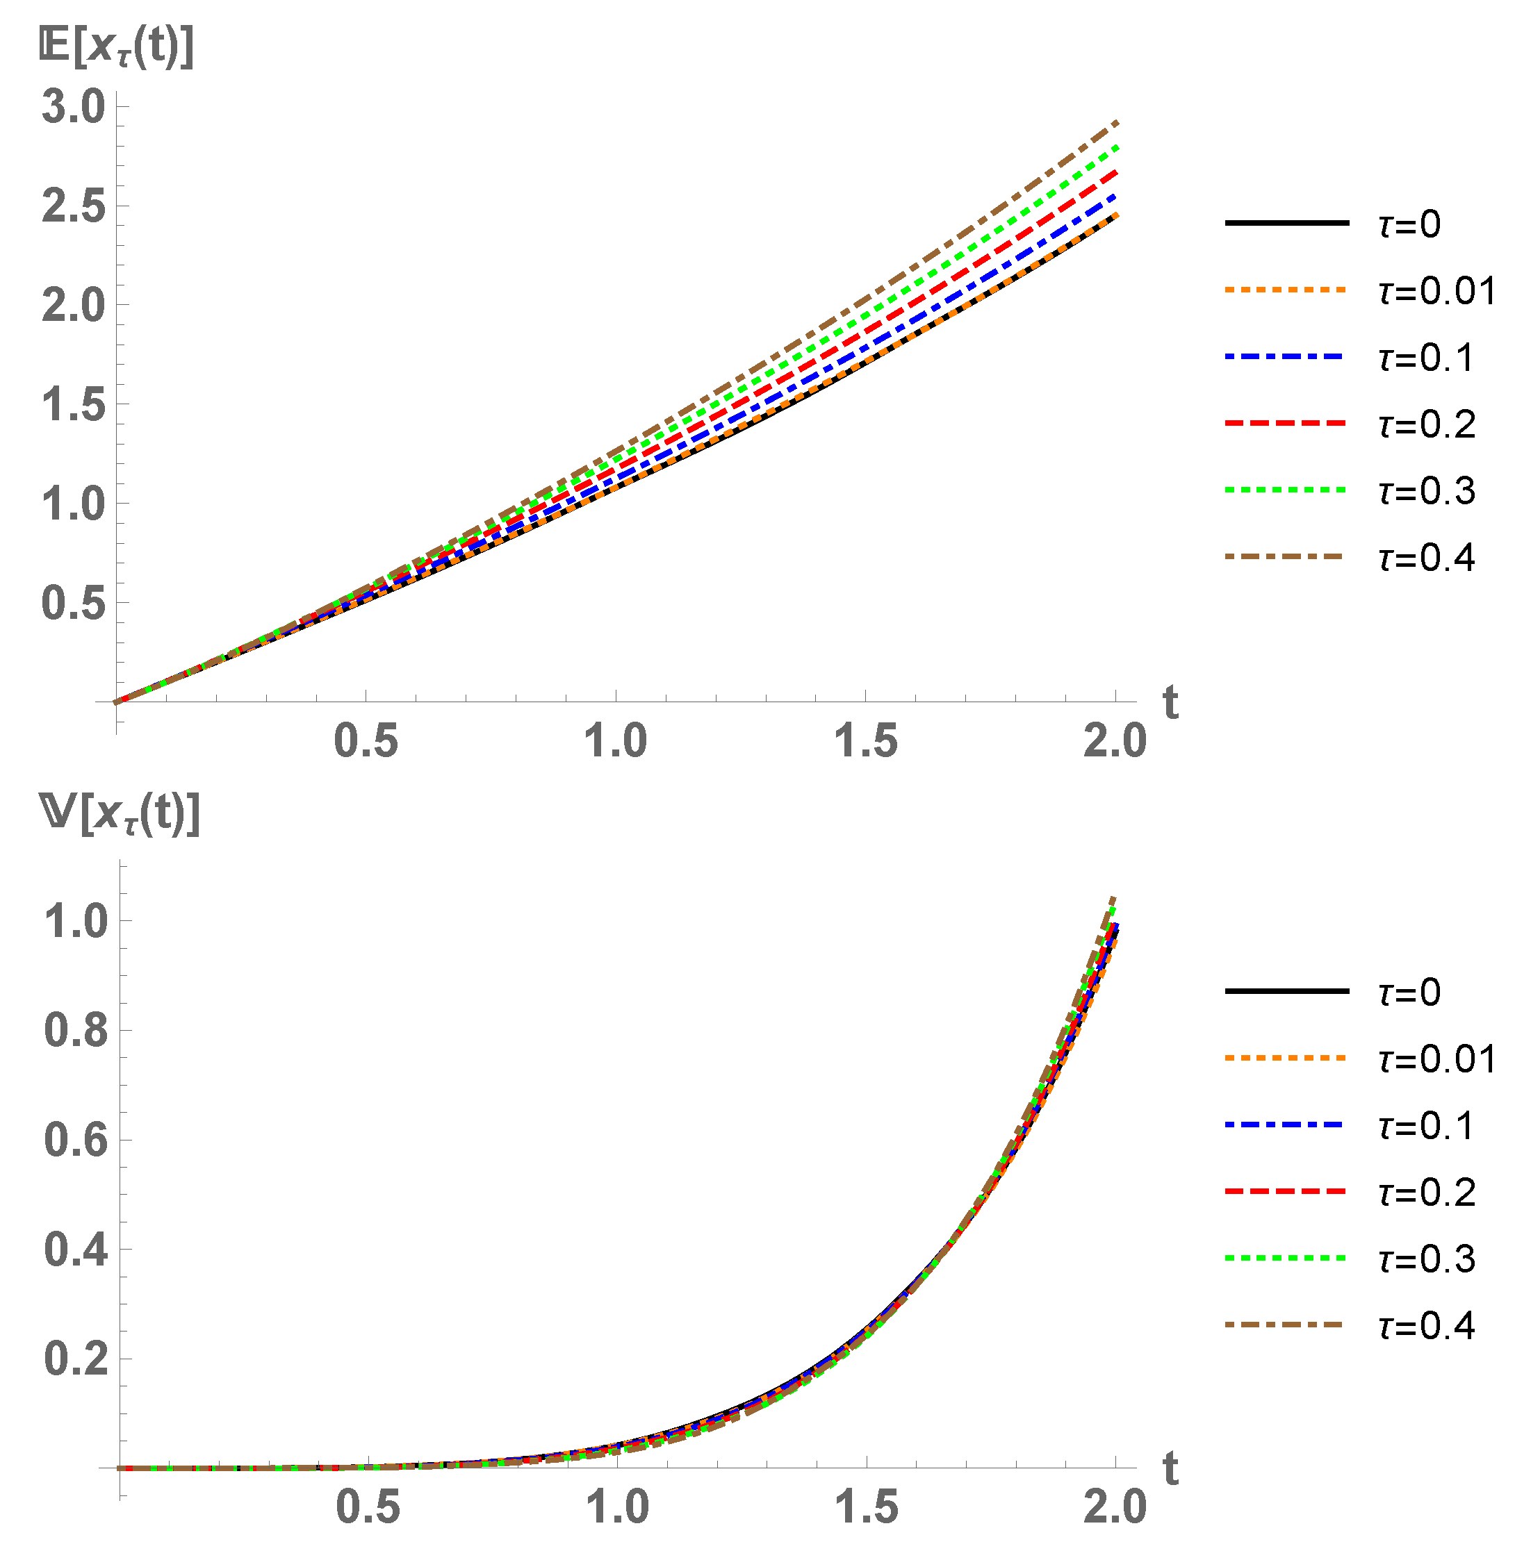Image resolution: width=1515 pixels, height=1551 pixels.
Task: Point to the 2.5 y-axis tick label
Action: pos(73,206)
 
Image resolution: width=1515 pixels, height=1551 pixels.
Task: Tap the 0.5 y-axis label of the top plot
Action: pos(73,603)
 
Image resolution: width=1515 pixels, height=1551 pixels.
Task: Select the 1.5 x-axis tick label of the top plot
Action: pos(866,741)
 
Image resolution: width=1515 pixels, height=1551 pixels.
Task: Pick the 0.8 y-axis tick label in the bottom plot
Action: pos(76,1030)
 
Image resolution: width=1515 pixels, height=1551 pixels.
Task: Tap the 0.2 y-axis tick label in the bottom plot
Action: pos(76,1359)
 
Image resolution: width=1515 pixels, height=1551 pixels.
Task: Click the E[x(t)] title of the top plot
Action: pos(116,49)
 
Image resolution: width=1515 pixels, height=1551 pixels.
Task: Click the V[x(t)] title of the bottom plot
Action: pos(120,815)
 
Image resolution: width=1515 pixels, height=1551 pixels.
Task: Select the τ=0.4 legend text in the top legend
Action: pos(1427,558)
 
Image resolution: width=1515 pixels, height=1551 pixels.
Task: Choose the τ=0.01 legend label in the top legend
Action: pos(1437,291)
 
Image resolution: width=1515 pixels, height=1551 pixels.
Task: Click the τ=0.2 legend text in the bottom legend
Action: pos(1427,1193)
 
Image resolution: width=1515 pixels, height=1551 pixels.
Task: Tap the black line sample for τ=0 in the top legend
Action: pos(1286,224)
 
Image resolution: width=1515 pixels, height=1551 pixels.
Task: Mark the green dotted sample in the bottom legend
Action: pos(1286,1259)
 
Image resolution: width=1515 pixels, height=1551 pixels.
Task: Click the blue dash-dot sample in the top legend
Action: pos(1286,357)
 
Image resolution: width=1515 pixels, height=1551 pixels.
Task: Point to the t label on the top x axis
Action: pos(1170,702)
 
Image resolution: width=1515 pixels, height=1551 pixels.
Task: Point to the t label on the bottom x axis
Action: pos(1170,1468)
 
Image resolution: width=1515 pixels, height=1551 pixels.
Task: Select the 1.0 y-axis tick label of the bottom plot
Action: pos(76,921)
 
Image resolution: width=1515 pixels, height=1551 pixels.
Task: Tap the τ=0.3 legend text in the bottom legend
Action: pos(1427,1259)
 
